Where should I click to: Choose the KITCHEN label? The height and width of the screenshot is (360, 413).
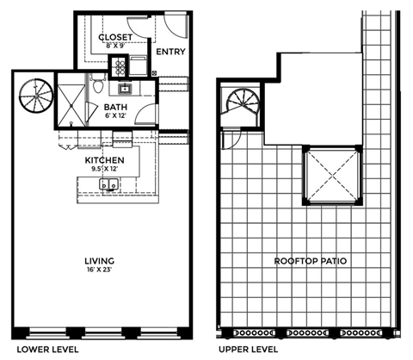coord(106,160)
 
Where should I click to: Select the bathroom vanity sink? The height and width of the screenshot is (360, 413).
coord(126,86)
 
